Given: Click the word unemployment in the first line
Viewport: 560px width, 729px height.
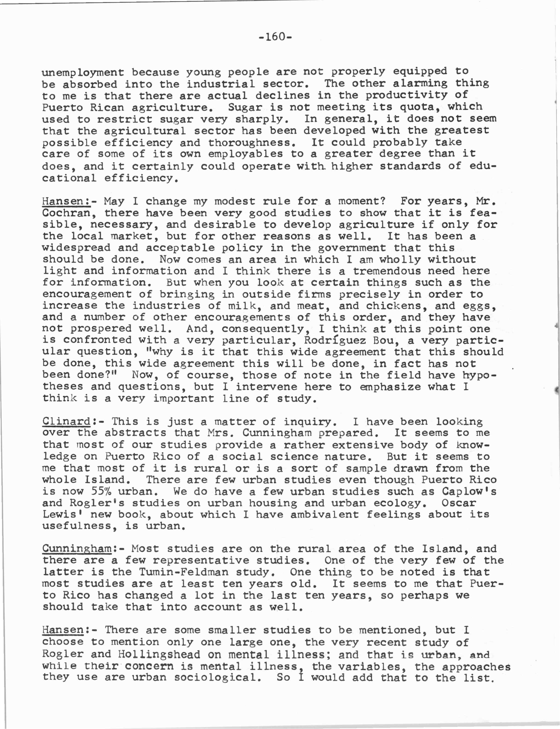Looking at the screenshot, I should click(x=83, y=72).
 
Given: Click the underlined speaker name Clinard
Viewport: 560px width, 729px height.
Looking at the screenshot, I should click(x=66, y=421).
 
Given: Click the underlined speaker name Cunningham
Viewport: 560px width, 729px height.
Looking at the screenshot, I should click(x=76, y=548).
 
